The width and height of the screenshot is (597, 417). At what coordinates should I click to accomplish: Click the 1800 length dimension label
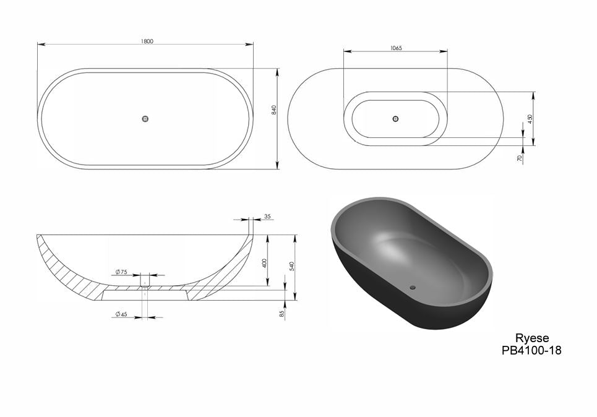pos(147,41)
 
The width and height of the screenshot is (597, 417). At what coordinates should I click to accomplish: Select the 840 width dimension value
pos(273,110)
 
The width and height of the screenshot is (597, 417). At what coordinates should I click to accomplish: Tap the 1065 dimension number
pos(396,48)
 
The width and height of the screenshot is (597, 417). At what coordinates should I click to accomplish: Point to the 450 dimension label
pos(530,119)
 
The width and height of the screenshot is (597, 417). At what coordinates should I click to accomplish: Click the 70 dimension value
pos(519,158)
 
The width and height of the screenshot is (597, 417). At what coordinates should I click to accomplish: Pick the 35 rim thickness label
pos(267,217)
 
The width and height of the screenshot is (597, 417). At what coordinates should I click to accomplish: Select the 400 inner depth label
pos(265,263)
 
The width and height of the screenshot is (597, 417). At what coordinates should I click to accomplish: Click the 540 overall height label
pos(291,266)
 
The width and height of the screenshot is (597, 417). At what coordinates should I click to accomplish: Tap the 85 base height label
pos(281,314)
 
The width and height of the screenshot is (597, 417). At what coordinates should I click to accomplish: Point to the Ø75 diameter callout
pos(121,272)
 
